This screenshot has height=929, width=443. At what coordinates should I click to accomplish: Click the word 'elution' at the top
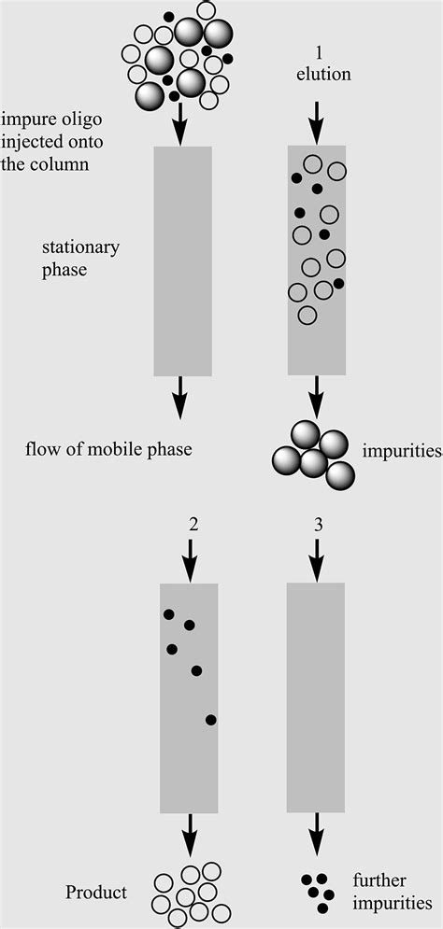click(323, 74)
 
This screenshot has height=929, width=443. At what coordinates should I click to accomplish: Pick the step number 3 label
click(318, 525)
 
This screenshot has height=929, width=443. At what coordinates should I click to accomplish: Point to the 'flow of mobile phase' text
click(108, 450)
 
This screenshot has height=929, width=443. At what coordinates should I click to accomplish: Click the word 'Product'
click(95, 893)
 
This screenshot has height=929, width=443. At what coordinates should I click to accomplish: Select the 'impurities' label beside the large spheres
click(402, 452)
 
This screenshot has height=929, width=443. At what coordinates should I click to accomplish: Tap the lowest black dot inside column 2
click(211, 719)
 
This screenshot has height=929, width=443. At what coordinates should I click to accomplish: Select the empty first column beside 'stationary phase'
click(181, 260)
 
